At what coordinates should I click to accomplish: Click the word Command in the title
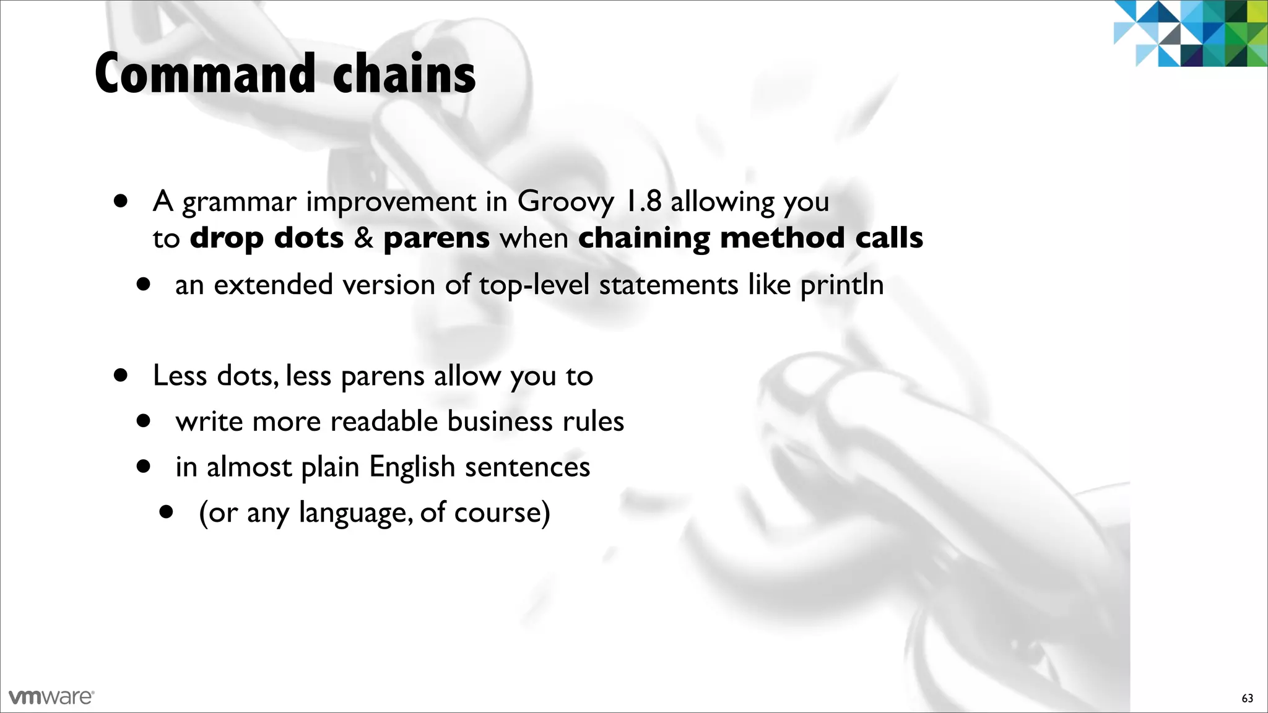205,74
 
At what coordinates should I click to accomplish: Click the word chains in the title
404,74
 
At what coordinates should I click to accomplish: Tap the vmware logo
51,697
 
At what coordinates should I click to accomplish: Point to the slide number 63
1247,699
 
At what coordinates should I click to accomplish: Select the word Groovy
566,202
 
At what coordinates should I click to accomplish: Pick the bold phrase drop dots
266,238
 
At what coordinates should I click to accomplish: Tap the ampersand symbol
363,238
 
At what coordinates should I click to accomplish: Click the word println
842,285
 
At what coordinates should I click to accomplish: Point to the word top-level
534,285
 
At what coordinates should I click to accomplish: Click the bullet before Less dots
121,375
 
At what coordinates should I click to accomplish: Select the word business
500,421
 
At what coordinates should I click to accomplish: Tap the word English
412,467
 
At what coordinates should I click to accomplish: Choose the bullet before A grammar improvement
121,201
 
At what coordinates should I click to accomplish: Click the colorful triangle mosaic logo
1190,33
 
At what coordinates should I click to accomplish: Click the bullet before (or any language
166,512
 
